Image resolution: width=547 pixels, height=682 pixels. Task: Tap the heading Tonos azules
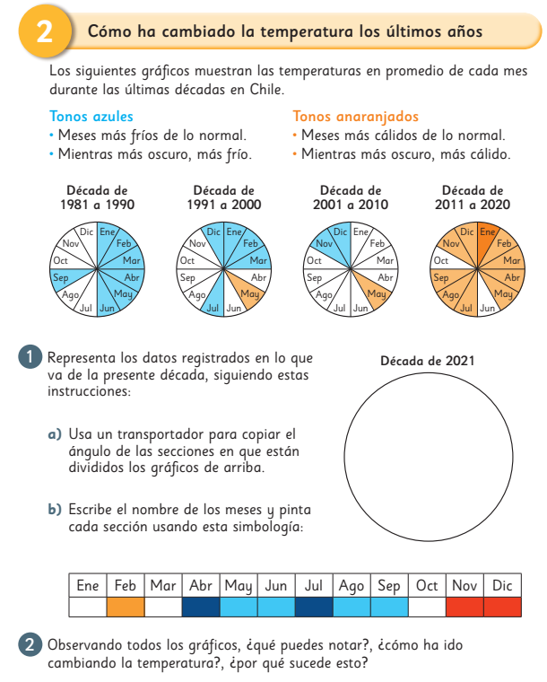click(x=91, y=117)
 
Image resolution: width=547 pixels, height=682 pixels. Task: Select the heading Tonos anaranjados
click(x=356, y=117)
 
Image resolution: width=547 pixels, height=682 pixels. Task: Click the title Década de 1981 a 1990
click(x=97, y=197)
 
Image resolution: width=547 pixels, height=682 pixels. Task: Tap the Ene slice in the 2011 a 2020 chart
click(x=488, y=237)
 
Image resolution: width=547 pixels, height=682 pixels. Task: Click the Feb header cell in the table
click(x=125, y=586)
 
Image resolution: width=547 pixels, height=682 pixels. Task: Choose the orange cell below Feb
click(x=125, y=607)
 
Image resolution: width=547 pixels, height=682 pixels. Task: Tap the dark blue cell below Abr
click(x=200, y=607)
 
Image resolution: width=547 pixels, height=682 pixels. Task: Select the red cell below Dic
click(x=501, y=607)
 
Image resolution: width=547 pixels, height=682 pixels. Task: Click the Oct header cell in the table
click(x=426, y=586)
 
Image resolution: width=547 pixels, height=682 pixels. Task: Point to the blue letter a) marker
click(x=54, y=434)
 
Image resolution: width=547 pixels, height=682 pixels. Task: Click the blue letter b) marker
click(x=54, y=509)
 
